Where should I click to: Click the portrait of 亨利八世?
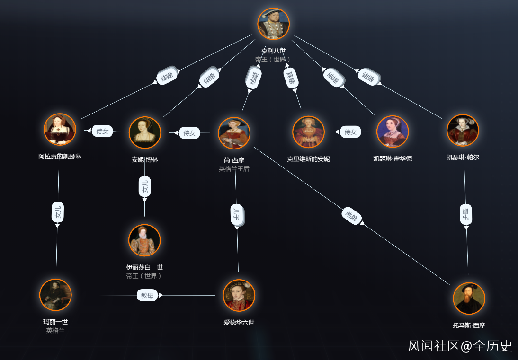pyautogui.click(x=273, y=24)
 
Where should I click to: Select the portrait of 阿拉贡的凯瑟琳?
pyautogui.click(x=60, y=129)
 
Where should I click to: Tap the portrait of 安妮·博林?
pyautogui.click(x=145, y=132)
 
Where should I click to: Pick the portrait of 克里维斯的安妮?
pyautogui.click(x=308, y=132)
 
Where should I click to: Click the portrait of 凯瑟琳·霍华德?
pyautogui.click(x=393, y=132)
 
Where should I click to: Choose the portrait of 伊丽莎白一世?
pyautogui.click(x=144, y=240)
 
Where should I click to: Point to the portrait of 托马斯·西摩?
pyautogui.click(x=469, y=298)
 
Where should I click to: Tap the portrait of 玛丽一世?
pyautogui.click(x=55, y=295)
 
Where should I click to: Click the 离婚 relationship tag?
pyautogui.click(x=291, y=78)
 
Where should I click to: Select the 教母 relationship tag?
pyautogui.click(x=147, y=295)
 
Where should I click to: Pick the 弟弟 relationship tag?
pyautogui.click(x=352, y=216)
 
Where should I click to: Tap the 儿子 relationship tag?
pyautogui.click(x=237, y=215)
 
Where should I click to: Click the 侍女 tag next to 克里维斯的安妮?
pyautogui.click(x=350, y=132)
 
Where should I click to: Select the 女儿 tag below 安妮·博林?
pyautogui.click(x=144, y=187)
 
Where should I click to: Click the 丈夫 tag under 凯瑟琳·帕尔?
pyautogui.click(x=466, y=214)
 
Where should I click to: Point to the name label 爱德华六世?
pyautogui.click(x=239, y=323)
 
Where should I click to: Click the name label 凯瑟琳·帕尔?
pyautogui.click(x=463, y=157)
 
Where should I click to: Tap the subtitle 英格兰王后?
pyautogui.click(x=234, y=168)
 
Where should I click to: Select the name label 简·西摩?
pyautogui.click(x=234, y=160)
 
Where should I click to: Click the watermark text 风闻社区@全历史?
pyautogui.click(x=460, y=346)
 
